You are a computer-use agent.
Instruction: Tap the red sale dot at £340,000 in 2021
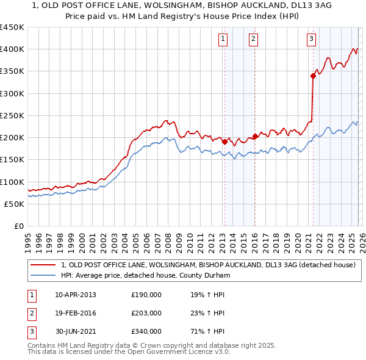313,76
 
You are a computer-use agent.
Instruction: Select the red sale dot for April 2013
224,142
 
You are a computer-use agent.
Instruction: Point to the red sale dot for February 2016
255,137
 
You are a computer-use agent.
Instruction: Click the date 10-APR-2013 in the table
76,295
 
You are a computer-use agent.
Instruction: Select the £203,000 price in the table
146,313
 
